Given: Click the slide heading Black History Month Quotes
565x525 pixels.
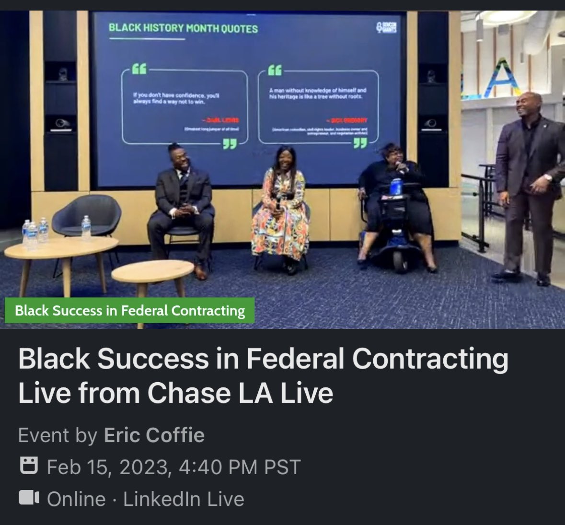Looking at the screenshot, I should tap(183, 28).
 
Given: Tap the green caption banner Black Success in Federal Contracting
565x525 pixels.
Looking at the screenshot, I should tap(129, 311).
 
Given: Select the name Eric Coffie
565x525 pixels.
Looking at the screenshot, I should tap(154, 435).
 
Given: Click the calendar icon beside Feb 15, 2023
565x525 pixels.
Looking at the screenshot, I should tap(28, 466).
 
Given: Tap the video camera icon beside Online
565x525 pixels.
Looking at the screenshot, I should tap(28, 498).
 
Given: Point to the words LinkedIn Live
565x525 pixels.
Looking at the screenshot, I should tap(184, 499).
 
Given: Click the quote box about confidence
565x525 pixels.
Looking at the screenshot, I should tap(184, 106).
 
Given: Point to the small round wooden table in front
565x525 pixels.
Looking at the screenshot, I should tap(152, 273).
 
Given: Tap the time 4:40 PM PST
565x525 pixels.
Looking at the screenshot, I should tap(239, 467).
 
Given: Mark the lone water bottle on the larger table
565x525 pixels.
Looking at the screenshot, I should tap(86, 228).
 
